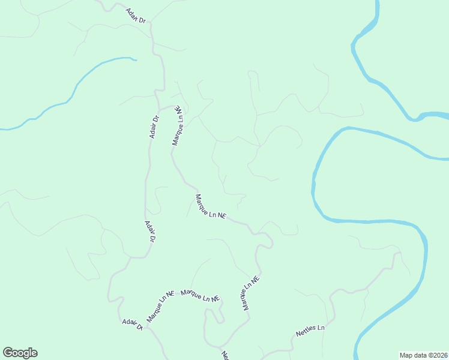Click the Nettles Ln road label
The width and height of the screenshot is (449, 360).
(310, 331)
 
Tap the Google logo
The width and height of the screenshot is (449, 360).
(20, 353)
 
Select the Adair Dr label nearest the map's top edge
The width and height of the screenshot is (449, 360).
(136, 16)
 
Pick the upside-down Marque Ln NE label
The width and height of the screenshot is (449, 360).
(178, 125)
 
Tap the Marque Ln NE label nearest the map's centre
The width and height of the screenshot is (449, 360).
(210, 206)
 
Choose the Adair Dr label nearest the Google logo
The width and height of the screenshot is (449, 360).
(132, 323)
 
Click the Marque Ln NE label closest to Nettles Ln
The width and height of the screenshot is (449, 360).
(250, 293)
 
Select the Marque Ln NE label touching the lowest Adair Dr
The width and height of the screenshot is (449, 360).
(159, 307)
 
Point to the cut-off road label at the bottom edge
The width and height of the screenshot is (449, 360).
(225, 355)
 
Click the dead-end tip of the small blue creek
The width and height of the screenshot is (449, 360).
(136, 59)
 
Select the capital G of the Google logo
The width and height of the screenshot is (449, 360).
(8, 353)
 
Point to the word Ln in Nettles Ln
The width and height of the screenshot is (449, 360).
(321, 328)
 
